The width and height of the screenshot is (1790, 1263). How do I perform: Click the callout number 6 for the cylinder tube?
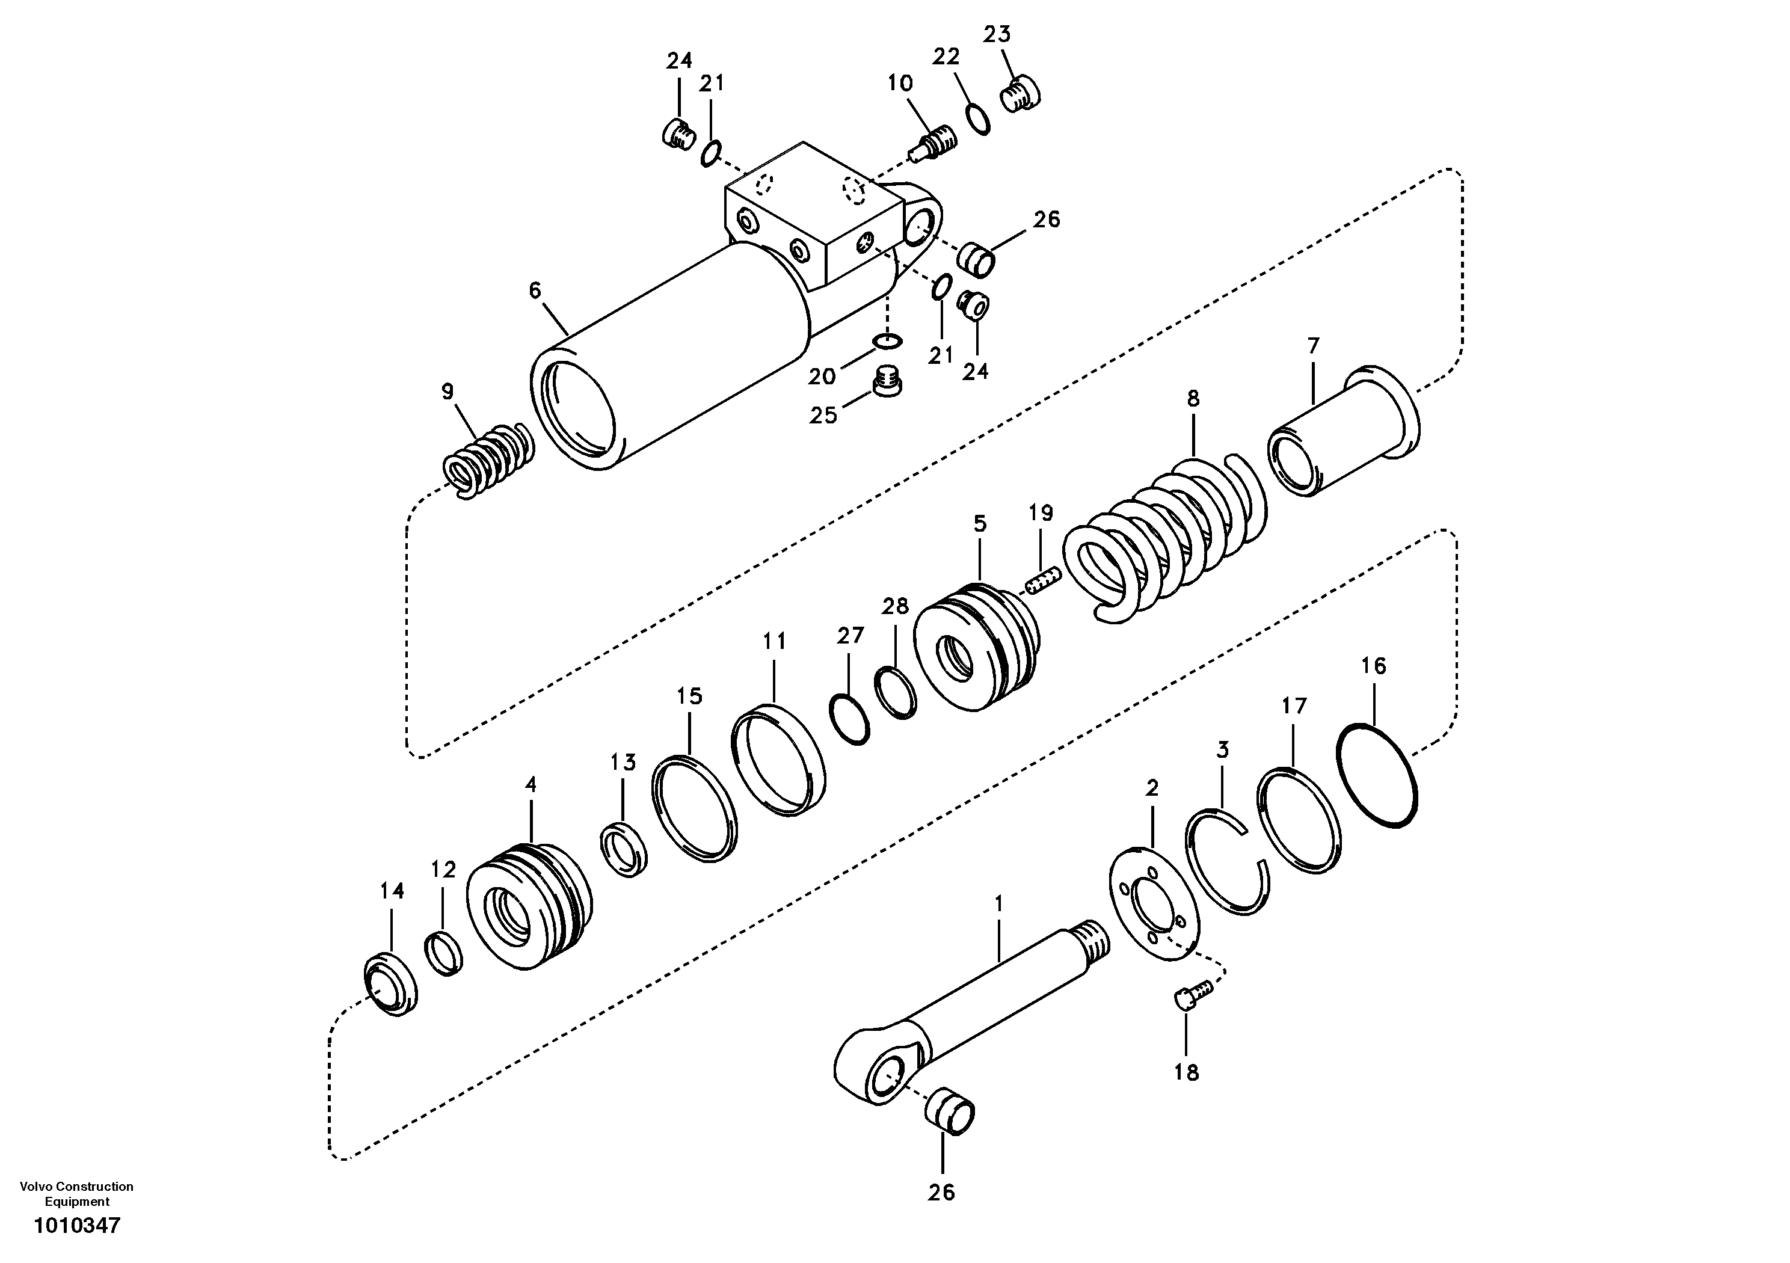pyautogui.click(x=534, y=291)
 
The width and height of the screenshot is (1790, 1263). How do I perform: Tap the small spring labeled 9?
pyautogui.click(x=488, y=461)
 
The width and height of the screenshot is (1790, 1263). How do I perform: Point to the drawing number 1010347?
pyautogui.click(x=77, y=1226)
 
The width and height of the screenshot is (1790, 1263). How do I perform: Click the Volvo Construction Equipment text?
pyautogui.click(x=76, y=1194)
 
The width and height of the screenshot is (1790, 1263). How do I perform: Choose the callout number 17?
pyautogui.click(x=1293, y=706)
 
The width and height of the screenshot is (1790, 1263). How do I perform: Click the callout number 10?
pyautogui.click(x=900, y=84)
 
